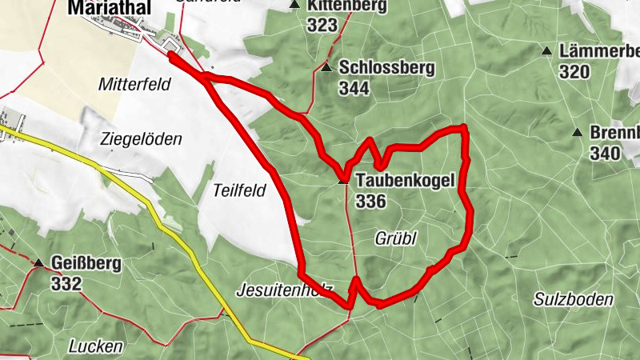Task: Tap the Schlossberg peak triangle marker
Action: [x=326, y=68]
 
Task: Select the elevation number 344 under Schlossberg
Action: [x=354, y=88]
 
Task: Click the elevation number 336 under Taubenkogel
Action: [x=372, y=201]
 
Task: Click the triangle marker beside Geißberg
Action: [x=38, y=263]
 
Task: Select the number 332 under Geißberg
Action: [x=66, y=283]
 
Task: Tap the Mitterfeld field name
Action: [x=135, y=84]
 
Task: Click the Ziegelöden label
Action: [x=142, y=138]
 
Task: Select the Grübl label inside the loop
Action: [x=397, y=238]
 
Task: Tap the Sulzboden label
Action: [x=574, y=299]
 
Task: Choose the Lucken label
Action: [x=95, y=346]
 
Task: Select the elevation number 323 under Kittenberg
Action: [x=322, y=25]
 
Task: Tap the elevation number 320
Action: [x=574, y=72]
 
